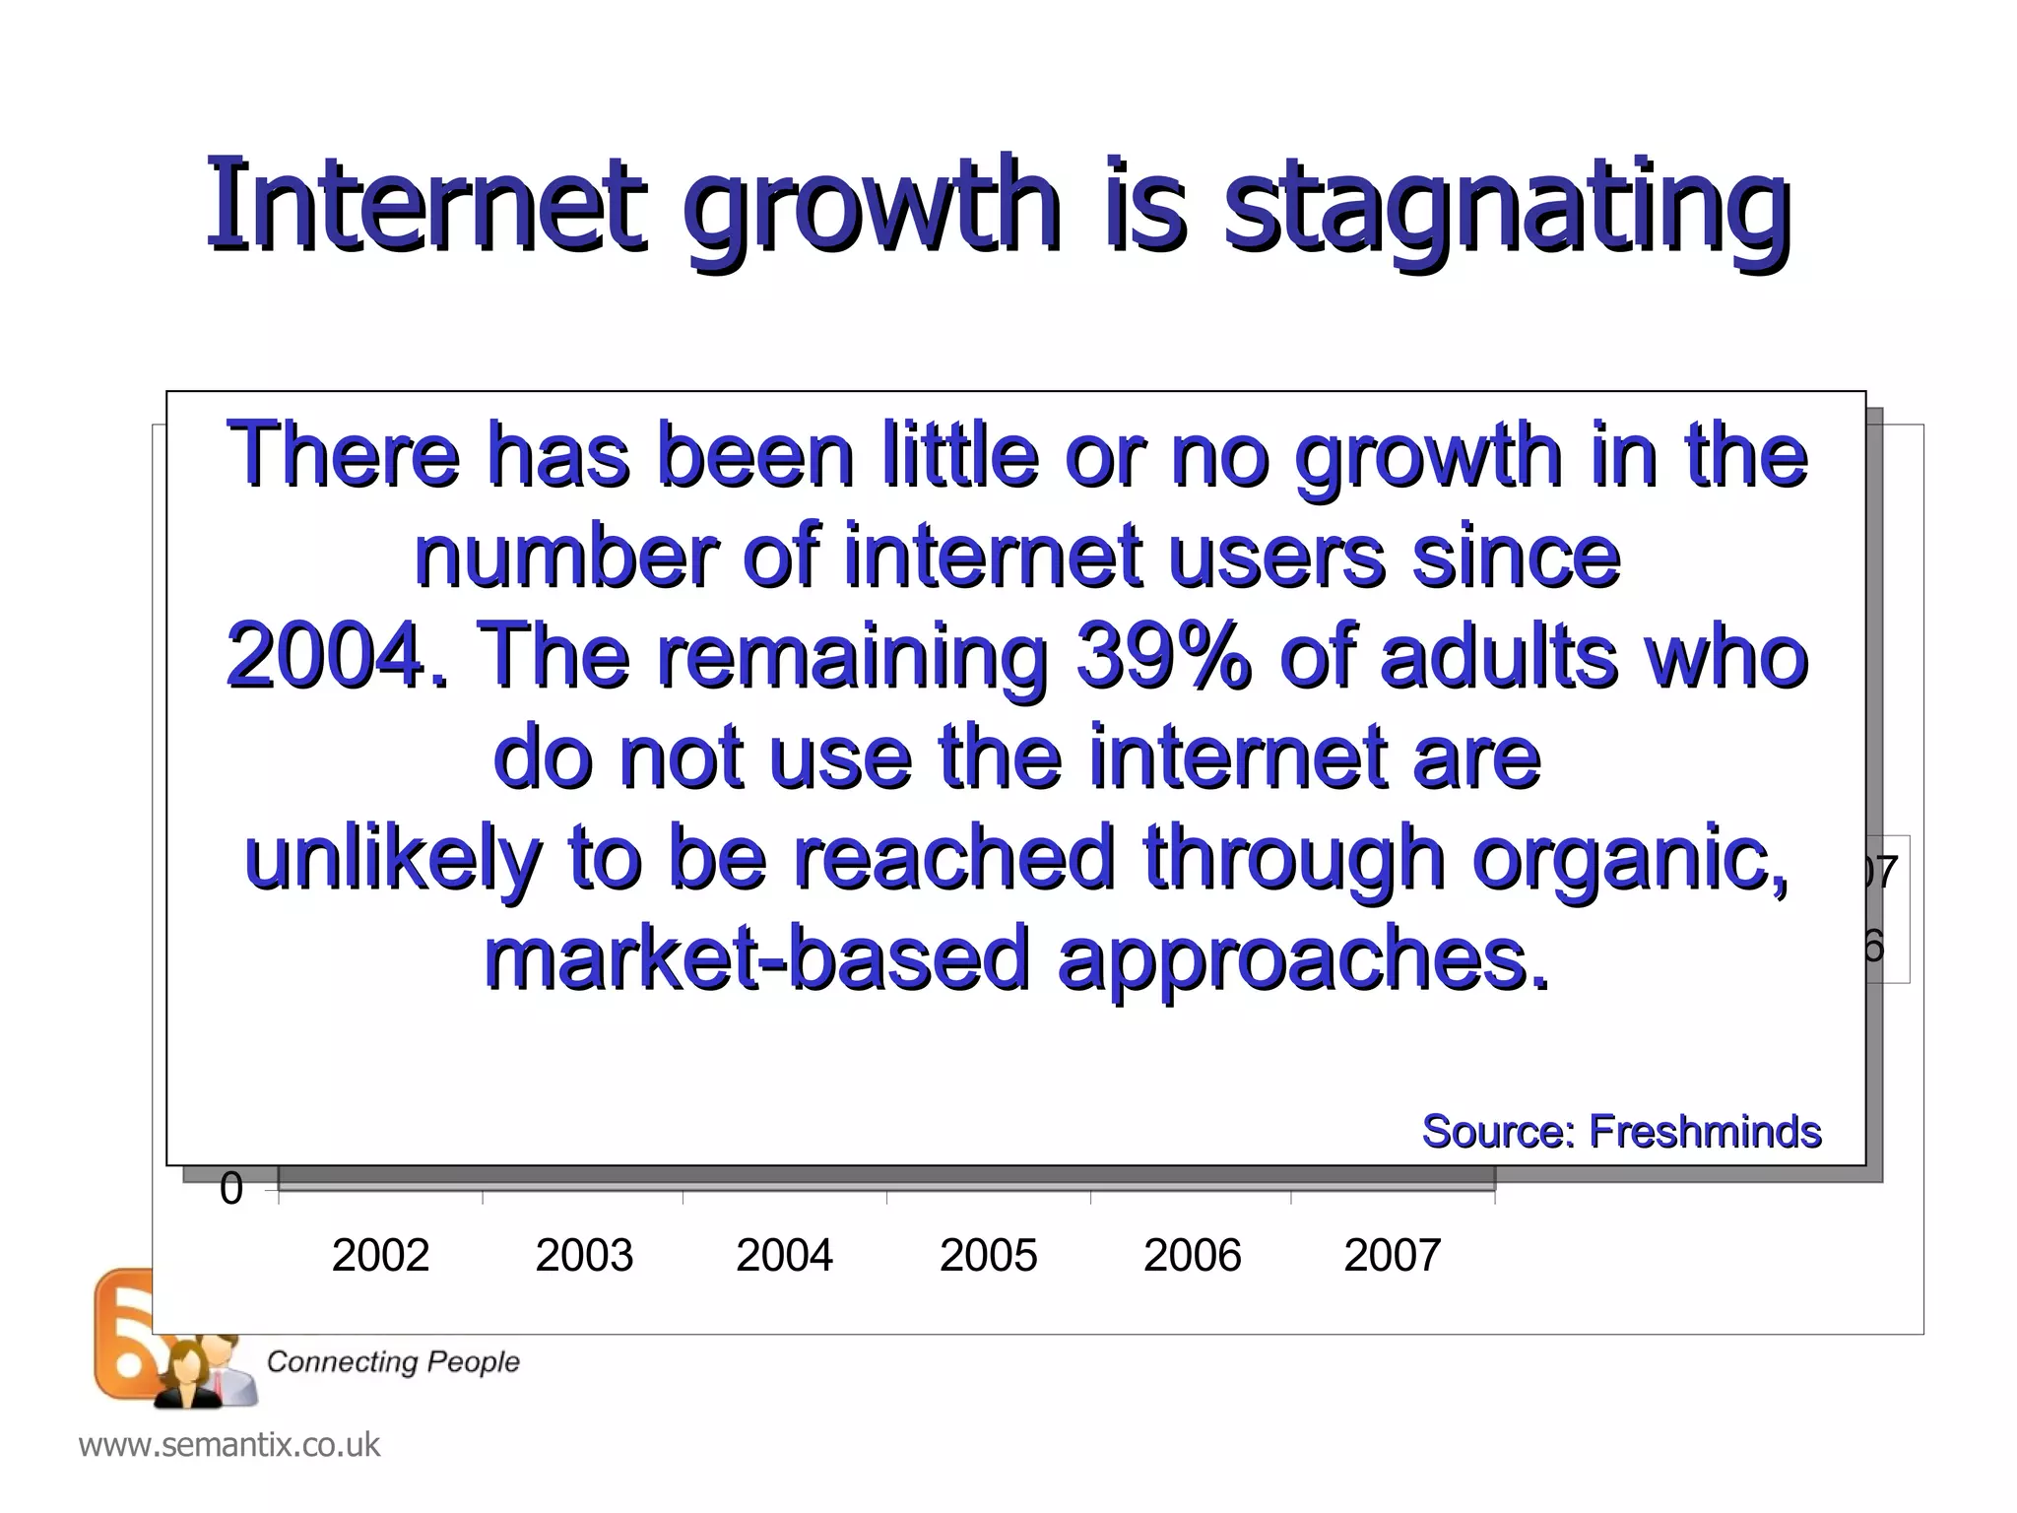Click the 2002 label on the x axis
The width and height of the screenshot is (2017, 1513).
(380, 1256)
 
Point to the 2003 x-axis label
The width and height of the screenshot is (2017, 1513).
(584, 1256)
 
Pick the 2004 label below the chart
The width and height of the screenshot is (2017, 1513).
(785, 1256)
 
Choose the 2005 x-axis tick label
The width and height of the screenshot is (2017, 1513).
(988, 1256)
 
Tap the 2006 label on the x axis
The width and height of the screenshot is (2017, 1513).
(1192, 1256)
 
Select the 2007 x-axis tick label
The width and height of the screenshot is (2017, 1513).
(1393, 1256)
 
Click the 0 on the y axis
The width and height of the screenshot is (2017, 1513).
(231, 1189)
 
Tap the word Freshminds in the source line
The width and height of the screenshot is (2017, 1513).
(1705, 1131)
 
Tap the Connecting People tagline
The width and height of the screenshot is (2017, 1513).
(393, 1361)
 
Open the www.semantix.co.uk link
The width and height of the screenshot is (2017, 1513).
(228, 1445)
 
